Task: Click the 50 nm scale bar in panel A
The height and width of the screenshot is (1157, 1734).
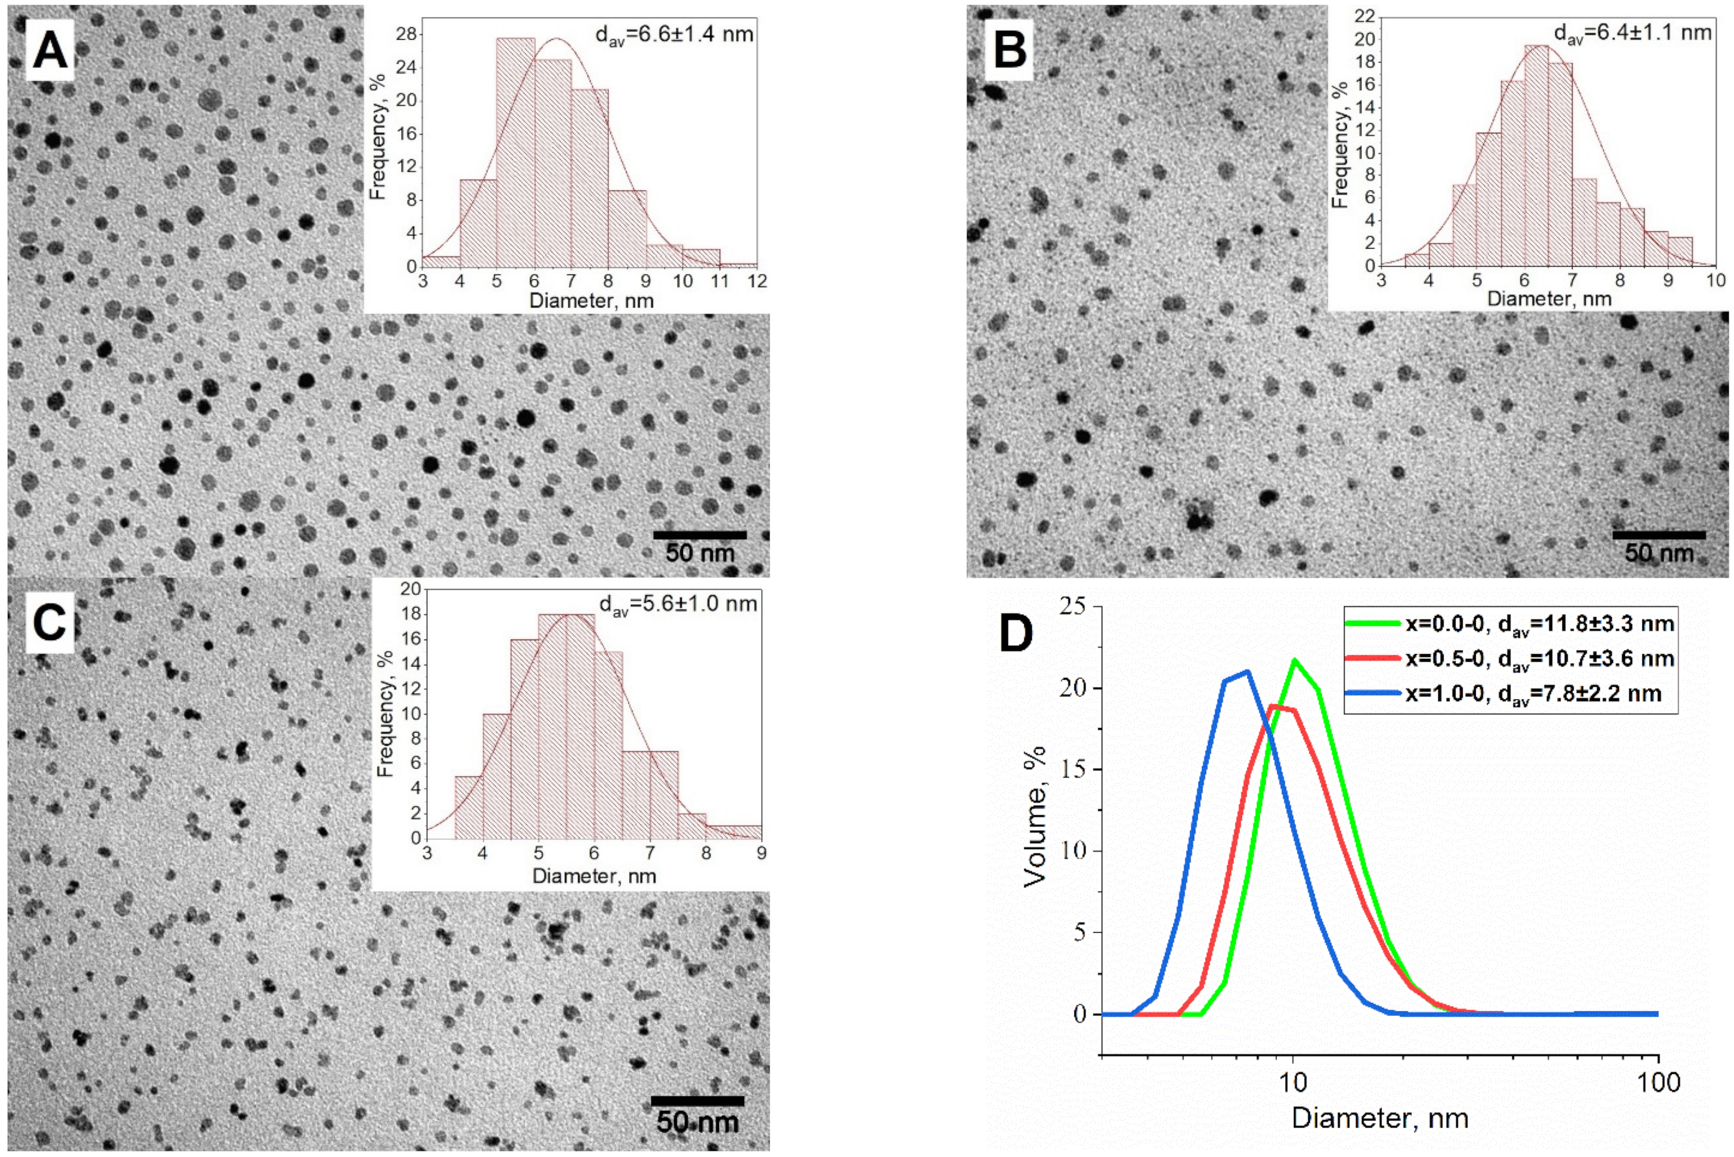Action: coord(700,534)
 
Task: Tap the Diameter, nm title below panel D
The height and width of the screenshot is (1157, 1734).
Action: coord(1380,1117)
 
